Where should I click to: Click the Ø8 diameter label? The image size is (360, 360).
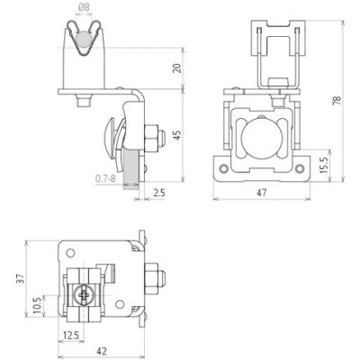pos(85,8)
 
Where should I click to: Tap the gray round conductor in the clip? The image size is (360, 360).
pos(84,40)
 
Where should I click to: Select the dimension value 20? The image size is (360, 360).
pos(178,68)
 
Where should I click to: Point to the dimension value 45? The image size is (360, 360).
pos(178,135)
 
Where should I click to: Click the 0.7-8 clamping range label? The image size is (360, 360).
pos(105,179)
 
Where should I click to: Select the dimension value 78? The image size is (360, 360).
pos(337,100)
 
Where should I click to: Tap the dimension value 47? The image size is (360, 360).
pos(262,193)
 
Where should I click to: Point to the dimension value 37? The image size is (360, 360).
pos(22,279)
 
